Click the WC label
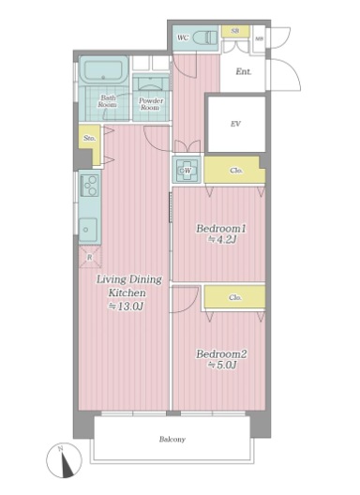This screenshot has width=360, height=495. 184,37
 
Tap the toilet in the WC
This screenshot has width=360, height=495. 207,37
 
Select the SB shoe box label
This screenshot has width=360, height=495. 234,31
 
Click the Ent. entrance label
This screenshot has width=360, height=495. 244,71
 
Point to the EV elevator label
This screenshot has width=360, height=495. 235,123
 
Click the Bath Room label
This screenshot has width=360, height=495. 108,101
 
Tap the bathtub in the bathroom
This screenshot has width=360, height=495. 103,71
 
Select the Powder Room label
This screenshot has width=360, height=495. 150,103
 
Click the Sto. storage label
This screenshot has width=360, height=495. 90,139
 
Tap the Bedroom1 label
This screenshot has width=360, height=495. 220,229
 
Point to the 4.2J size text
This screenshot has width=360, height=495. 220,240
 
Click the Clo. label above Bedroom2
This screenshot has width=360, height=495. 236,297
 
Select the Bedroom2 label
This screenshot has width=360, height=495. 220,354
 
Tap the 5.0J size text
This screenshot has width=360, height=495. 220,366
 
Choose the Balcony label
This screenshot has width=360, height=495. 172,439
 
